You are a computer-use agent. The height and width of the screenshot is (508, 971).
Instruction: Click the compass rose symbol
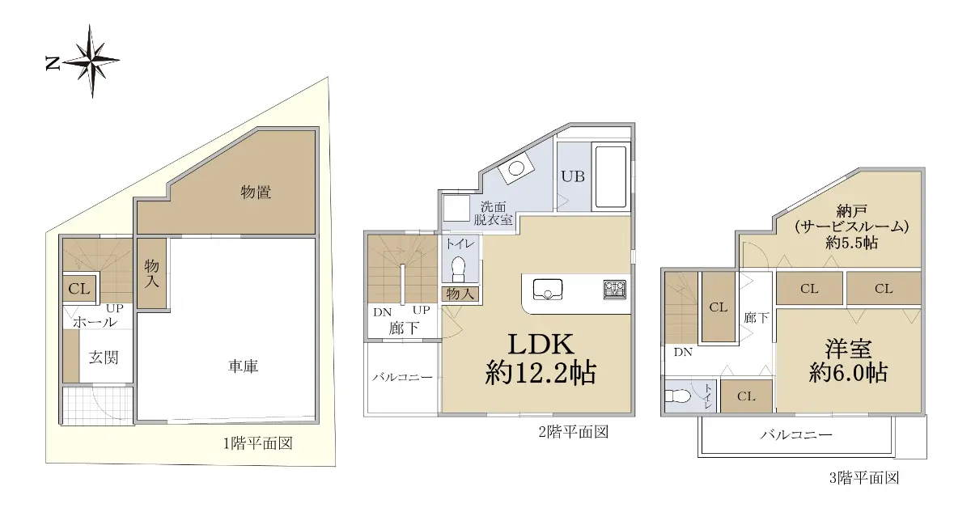pyautogui.click(x=92, y=61)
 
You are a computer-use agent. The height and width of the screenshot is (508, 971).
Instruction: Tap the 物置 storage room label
pyautogui.click(x=256, y=192)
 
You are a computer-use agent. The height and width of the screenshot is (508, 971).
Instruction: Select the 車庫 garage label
pyautogui.click(x=244, y=366)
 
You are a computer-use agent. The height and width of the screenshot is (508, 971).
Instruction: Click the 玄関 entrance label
pyautogui.click(x=104, y=358)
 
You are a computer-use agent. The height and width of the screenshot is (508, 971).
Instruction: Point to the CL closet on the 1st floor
pyautogui.click(x=79, y=288)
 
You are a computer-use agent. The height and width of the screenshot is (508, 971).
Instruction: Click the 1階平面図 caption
pyautogui.click(x=258, y=443)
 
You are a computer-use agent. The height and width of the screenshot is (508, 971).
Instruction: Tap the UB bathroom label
pyautogui.click(x=573, y=176)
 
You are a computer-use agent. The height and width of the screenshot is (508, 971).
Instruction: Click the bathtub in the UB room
pyautogui.click(x=611, y=177)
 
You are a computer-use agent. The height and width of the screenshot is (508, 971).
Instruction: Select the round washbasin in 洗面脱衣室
pyautogui.click(x=516, y=168)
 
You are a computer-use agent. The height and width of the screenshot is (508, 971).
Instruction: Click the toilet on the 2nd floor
pyautogui.click(x=458, y=269)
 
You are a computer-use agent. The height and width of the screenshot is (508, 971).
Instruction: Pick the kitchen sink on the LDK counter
pyautogui.click(x=548, y=289)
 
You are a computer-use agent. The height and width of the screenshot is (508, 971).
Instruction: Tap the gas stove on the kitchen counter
pyautogui.click(x=615, y=290)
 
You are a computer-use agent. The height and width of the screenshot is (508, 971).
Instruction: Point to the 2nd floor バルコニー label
pyautogui.click(x=402, y=377)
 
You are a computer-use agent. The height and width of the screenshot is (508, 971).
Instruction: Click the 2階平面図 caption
pyautogui.click(x=574, y=432)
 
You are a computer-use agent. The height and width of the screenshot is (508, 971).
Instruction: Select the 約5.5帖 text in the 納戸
pyautogui.click(x=852, y=243)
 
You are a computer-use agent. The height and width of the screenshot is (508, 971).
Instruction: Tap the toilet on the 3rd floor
pyautogui.click(x=677, y=396)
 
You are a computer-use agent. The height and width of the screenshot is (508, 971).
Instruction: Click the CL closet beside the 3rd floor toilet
pyautogui.click(x=746, y=396)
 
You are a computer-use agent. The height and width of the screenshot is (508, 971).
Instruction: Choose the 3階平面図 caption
pyautogui.click(x=864, y=477)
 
